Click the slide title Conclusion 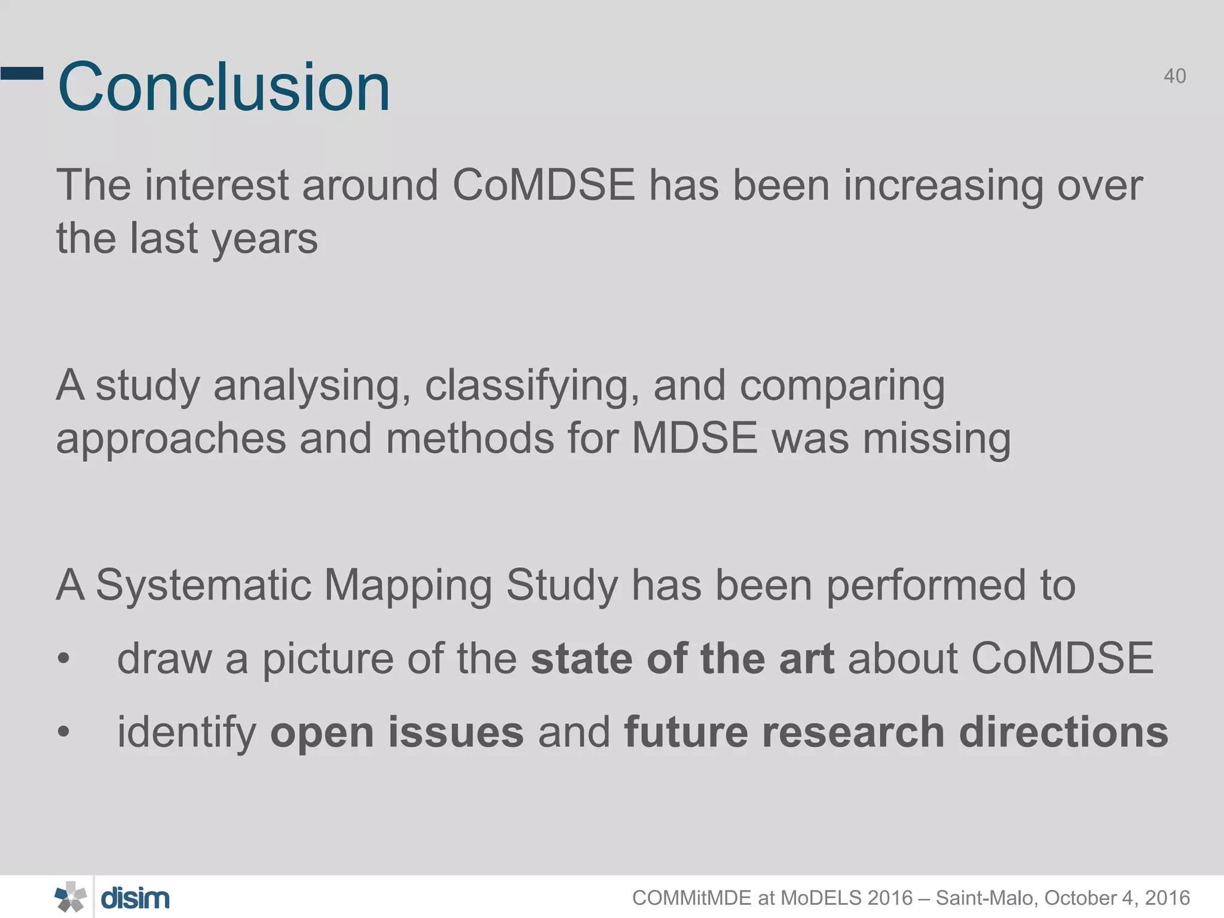click(224, 87)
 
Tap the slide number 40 click(1174, 76)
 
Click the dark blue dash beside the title click(22, 74)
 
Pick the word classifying click(528, 386)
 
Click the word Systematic click(203, 586)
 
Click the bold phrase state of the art click(682, 659)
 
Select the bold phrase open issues click(397, 733)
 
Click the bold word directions click(1063, 732)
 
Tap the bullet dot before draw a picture click(64, 659)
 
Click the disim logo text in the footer click(135, 898)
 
